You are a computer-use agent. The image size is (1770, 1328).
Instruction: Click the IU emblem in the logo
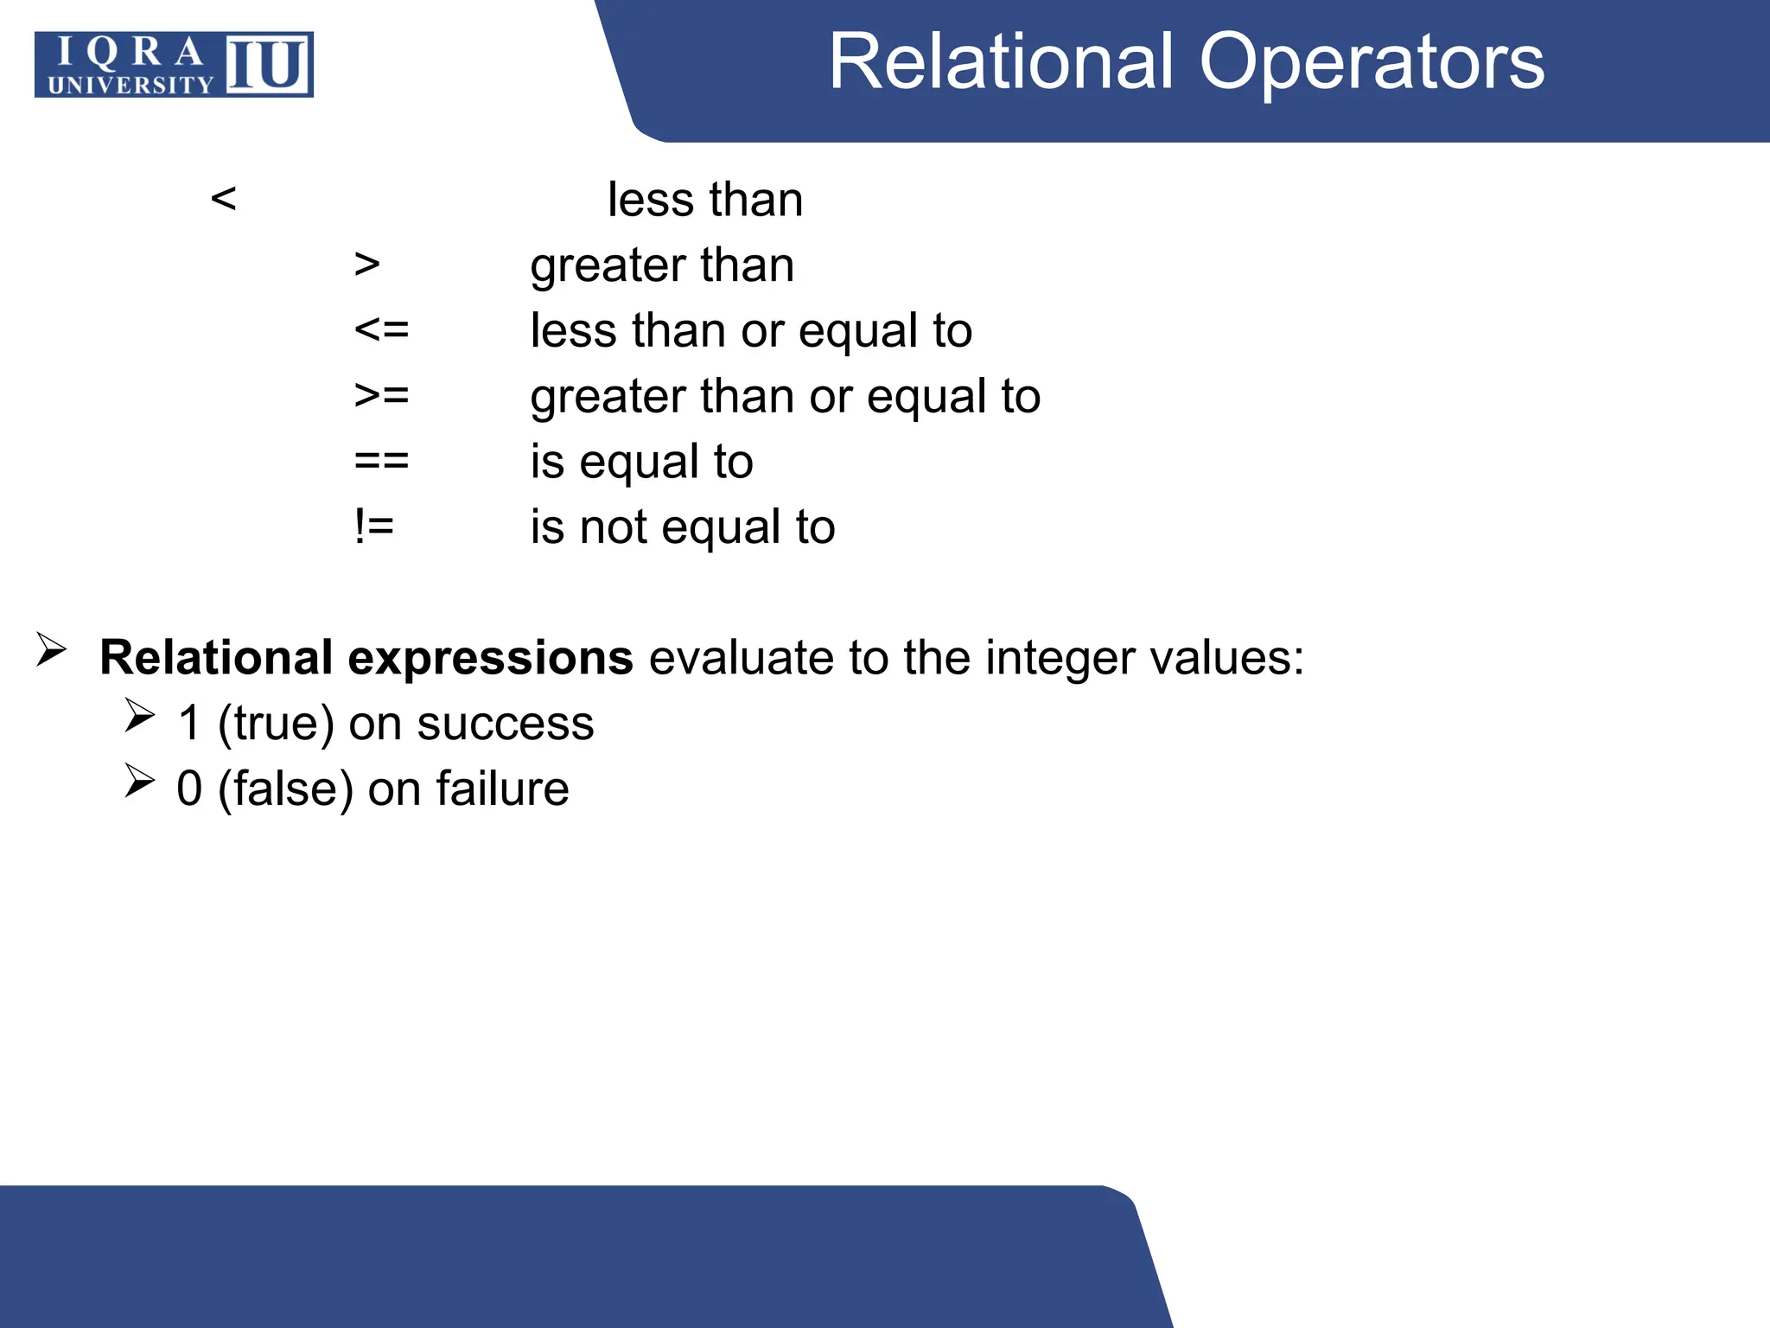267,64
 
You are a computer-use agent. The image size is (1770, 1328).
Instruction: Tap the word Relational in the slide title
1003,62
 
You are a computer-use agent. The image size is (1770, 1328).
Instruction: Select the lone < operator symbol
223,199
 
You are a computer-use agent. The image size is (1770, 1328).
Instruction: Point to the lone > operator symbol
367,265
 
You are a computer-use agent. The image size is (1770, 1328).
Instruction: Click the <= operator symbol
381,330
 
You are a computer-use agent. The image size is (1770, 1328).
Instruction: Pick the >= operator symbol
381,396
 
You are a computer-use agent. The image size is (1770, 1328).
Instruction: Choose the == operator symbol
381,462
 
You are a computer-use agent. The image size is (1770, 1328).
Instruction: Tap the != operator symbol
374,527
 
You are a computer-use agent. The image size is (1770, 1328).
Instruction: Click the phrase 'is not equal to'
683,527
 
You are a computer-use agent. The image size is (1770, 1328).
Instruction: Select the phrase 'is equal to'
641,462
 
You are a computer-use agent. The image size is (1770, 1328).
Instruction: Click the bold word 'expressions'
490,658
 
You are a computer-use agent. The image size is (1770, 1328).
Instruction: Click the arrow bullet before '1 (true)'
139,715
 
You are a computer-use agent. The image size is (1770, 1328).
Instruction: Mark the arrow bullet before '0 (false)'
139,781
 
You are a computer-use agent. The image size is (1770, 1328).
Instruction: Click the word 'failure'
502,788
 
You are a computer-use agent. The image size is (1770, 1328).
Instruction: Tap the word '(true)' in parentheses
276,723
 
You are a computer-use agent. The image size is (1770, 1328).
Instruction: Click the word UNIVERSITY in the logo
131,85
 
